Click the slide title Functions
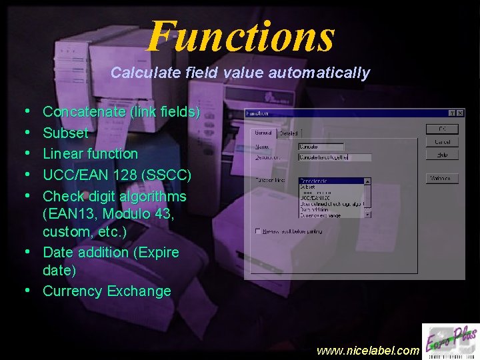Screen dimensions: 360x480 240,36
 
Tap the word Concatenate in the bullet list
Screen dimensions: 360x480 84,112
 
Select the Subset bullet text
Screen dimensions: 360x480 65,133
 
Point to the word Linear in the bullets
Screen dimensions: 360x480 63,153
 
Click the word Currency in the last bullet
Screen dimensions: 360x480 73,291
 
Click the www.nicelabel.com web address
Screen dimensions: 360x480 368,350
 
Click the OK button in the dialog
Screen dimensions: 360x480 442,129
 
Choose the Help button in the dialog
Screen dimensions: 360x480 442,154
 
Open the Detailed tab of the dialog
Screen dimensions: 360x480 289,133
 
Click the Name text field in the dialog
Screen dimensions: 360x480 321,146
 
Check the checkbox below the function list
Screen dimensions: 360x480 258,231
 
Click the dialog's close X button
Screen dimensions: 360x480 459,113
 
